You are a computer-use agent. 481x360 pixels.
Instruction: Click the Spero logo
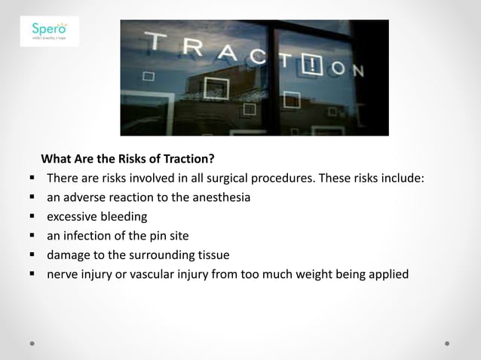49,32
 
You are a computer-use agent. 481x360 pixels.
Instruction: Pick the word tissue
211,255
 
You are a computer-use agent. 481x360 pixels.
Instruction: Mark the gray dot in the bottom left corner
34,343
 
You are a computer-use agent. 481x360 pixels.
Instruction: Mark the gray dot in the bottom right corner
447,343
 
